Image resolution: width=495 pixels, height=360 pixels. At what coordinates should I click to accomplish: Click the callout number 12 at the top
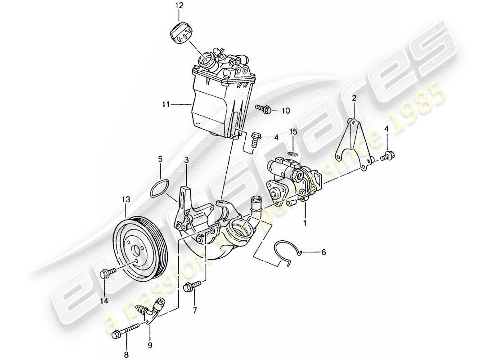(180, 6)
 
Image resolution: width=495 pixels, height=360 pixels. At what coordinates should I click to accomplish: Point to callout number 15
(293, 132)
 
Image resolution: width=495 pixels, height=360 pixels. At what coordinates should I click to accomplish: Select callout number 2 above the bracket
(354, 98)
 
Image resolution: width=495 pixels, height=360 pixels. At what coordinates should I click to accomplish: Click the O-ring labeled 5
(160, 188)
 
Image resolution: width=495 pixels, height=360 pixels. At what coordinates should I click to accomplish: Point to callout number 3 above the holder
(187, 160)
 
